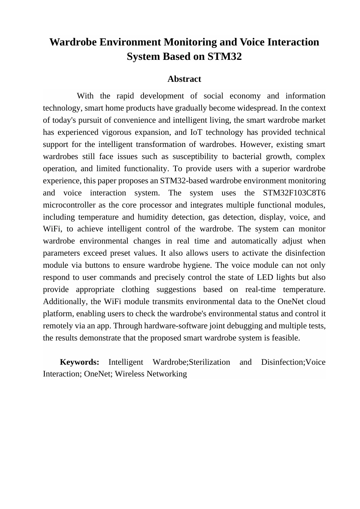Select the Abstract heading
click(184, 79)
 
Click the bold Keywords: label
click(80, 362)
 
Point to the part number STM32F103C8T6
click(294, 193)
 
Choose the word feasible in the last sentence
click(285, 338)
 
